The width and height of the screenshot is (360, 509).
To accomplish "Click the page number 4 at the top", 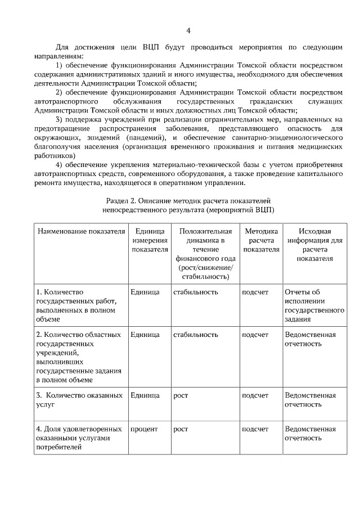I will [x=189, y=30].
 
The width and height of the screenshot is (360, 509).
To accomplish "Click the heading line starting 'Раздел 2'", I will [x=189, y=201].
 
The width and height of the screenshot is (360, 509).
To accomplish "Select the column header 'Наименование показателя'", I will [x=80, y=231].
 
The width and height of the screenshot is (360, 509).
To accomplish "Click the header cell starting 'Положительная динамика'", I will [x=205, y=254].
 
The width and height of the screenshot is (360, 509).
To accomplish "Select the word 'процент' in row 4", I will [x=144, y=429].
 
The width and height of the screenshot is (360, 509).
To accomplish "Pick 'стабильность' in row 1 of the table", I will [x=196, y=292].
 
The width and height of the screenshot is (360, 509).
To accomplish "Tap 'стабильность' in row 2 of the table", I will [x=196, y=335].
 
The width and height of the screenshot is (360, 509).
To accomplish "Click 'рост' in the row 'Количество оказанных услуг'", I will [x=181, y=395].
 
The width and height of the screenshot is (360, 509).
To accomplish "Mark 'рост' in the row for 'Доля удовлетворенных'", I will [x=181, y=429].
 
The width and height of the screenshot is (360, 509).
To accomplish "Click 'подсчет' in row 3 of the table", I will [x=255, y=395].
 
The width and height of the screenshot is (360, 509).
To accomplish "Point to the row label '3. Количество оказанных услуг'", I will [x=79, y=400].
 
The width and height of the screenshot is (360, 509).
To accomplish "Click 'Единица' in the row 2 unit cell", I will [x=145, y=335].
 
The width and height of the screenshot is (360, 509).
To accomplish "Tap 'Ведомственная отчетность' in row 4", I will [x=310, y=433].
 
